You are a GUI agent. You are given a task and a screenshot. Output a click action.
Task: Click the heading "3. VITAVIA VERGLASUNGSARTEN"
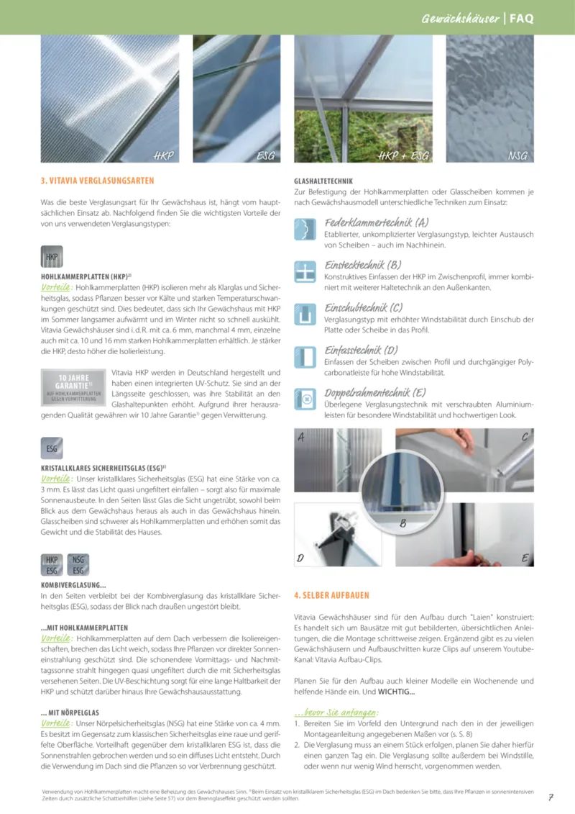click(x=97, y=181)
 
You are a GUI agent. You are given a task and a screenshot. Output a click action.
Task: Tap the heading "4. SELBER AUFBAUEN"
click(x=332, y=595)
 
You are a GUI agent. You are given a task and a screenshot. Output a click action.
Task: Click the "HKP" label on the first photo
click(x=164, y=155)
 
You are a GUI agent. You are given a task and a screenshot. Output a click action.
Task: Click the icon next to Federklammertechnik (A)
click(x=305, y=230)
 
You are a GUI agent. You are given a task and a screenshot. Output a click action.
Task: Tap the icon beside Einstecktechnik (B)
click(x=305, y=273)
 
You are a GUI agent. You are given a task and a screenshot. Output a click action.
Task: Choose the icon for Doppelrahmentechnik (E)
click(x=305, y=399)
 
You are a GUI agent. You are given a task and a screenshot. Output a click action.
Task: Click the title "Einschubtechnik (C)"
click(x=364, y=307)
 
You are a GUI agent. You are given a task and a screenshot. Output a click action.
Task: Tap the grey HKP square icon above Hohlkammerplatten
click(x=52, y=257)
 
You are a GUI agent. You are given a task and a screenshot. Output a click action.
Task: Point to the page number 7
click(x=550, y=797)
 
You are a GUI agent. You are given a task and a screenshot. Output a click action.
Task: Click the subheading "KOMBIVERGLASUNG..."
click(x=73, y=585)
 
